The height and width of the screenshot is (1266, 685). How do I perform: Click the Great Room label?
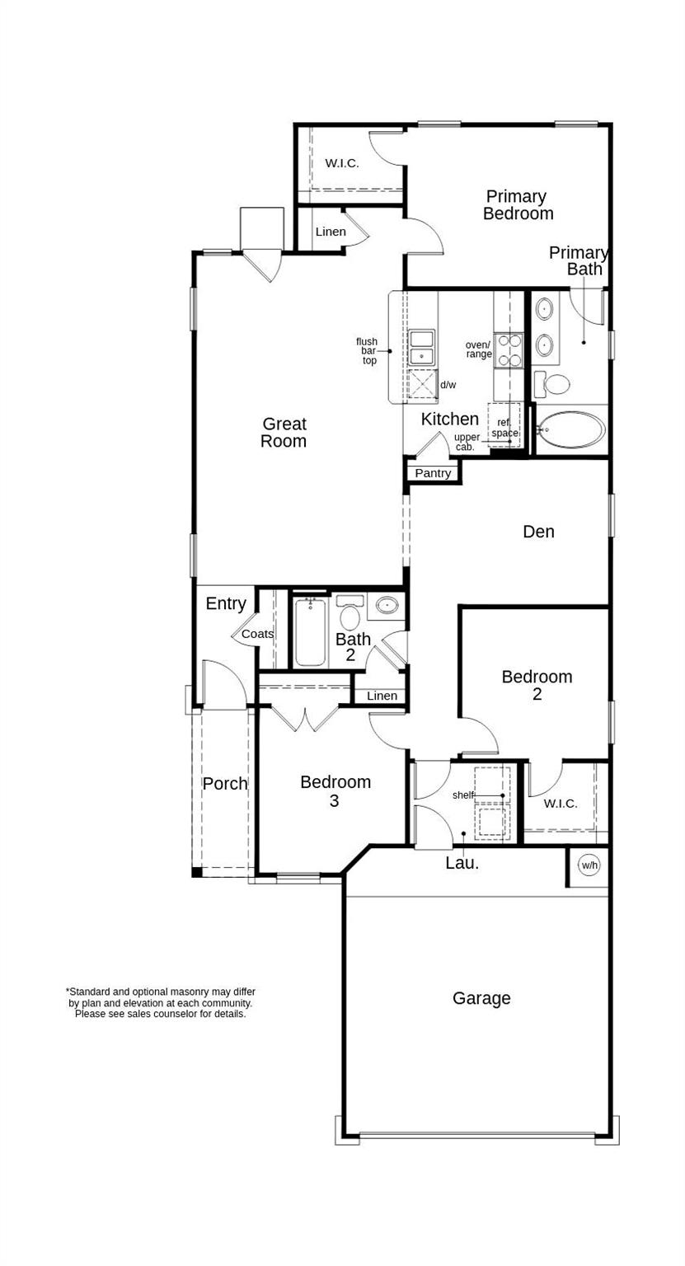284,433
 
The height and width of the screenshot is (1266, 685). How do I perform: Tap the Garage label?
481,999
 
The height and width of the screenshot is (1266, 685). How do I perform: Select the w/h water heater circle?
589,865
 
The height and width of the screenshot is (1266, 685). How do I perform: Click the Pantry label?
433,473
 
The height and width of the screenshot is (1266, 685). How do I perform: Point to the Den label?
538,532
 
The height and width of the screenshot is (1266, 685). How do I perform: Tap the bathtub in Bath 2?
310,632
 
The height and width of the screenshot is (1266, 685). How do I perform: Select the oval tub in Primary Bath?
570,429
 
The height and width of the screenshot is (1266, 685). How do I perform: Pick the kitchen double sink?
421,347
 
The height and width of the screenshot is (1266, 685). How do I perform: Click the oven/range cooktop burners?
508,350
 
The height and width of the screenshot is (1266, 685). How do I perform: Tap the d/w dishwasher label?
448,385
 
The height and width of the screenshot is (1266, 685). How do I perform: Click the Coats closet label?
258,634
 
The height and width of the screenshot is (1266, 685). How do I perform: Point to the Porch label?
225,784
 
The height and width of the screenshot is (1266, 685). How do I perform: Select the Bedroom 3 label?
335,790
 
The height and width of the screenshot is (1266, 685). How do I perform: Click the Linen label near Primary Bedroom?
331,232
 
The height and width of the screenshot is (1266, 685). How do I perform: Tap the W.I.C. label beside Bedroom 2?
561,804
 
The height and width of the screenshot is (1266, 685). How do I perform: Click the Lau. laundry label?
462,863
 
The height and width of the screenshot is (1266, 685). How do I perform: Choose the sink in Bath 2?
387,606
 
